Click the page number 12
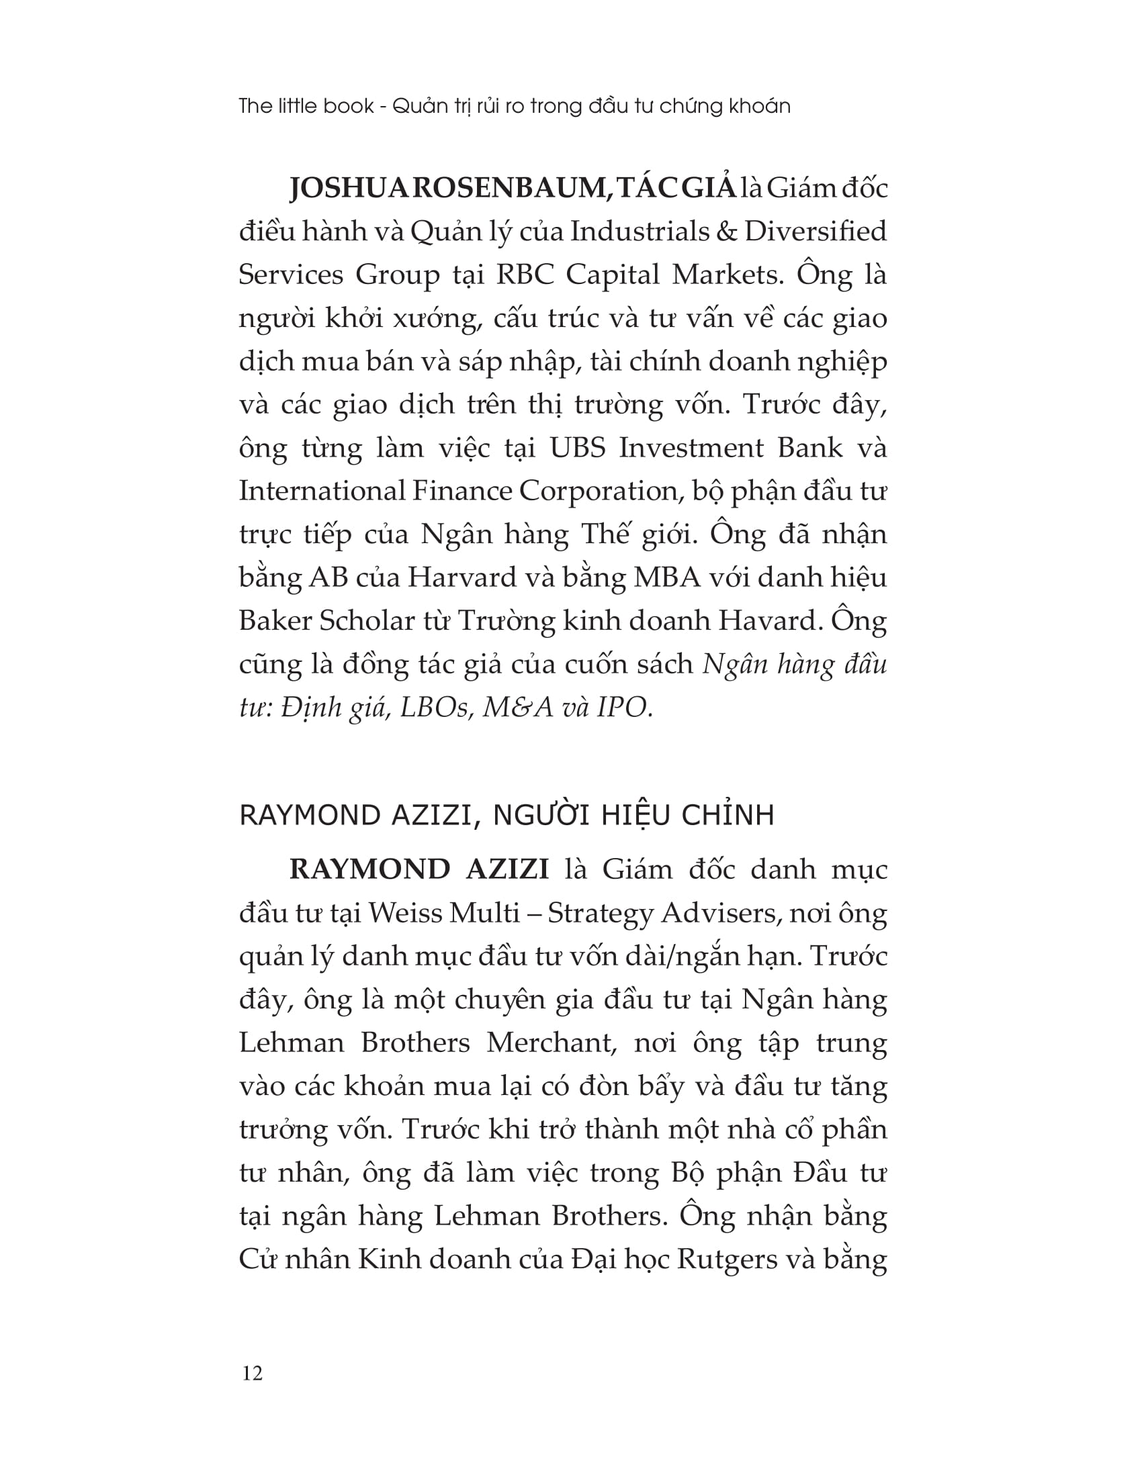[252, 1373]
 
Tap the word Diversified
[816, 232]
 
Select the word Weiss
[404, 913]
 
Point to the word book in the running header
[349, 106]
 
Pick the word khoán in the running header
[759, 106]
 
